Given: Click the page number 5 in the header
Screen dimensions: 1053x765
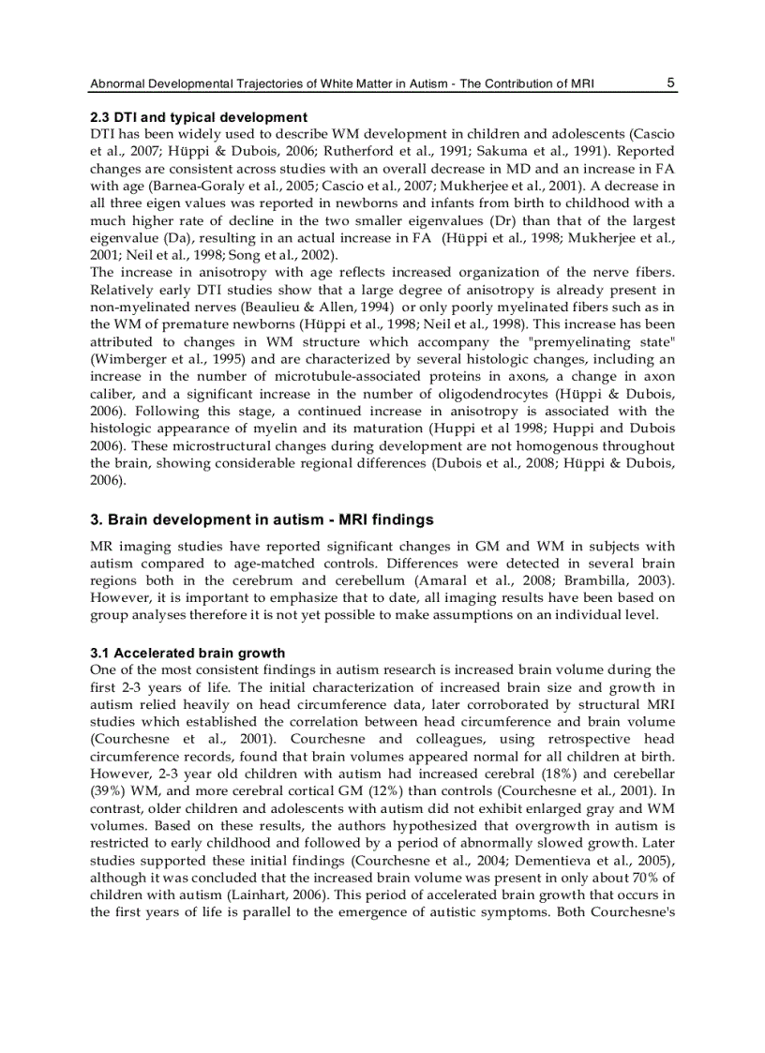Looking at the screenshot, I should (x=671, y=83).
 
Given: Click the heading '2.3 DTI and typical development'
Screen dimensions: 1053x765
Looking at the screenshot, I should (x=199, y=117).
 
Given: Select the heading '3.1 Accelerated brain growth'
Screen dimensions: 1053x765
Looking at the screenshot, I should (x=187, y=653).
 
